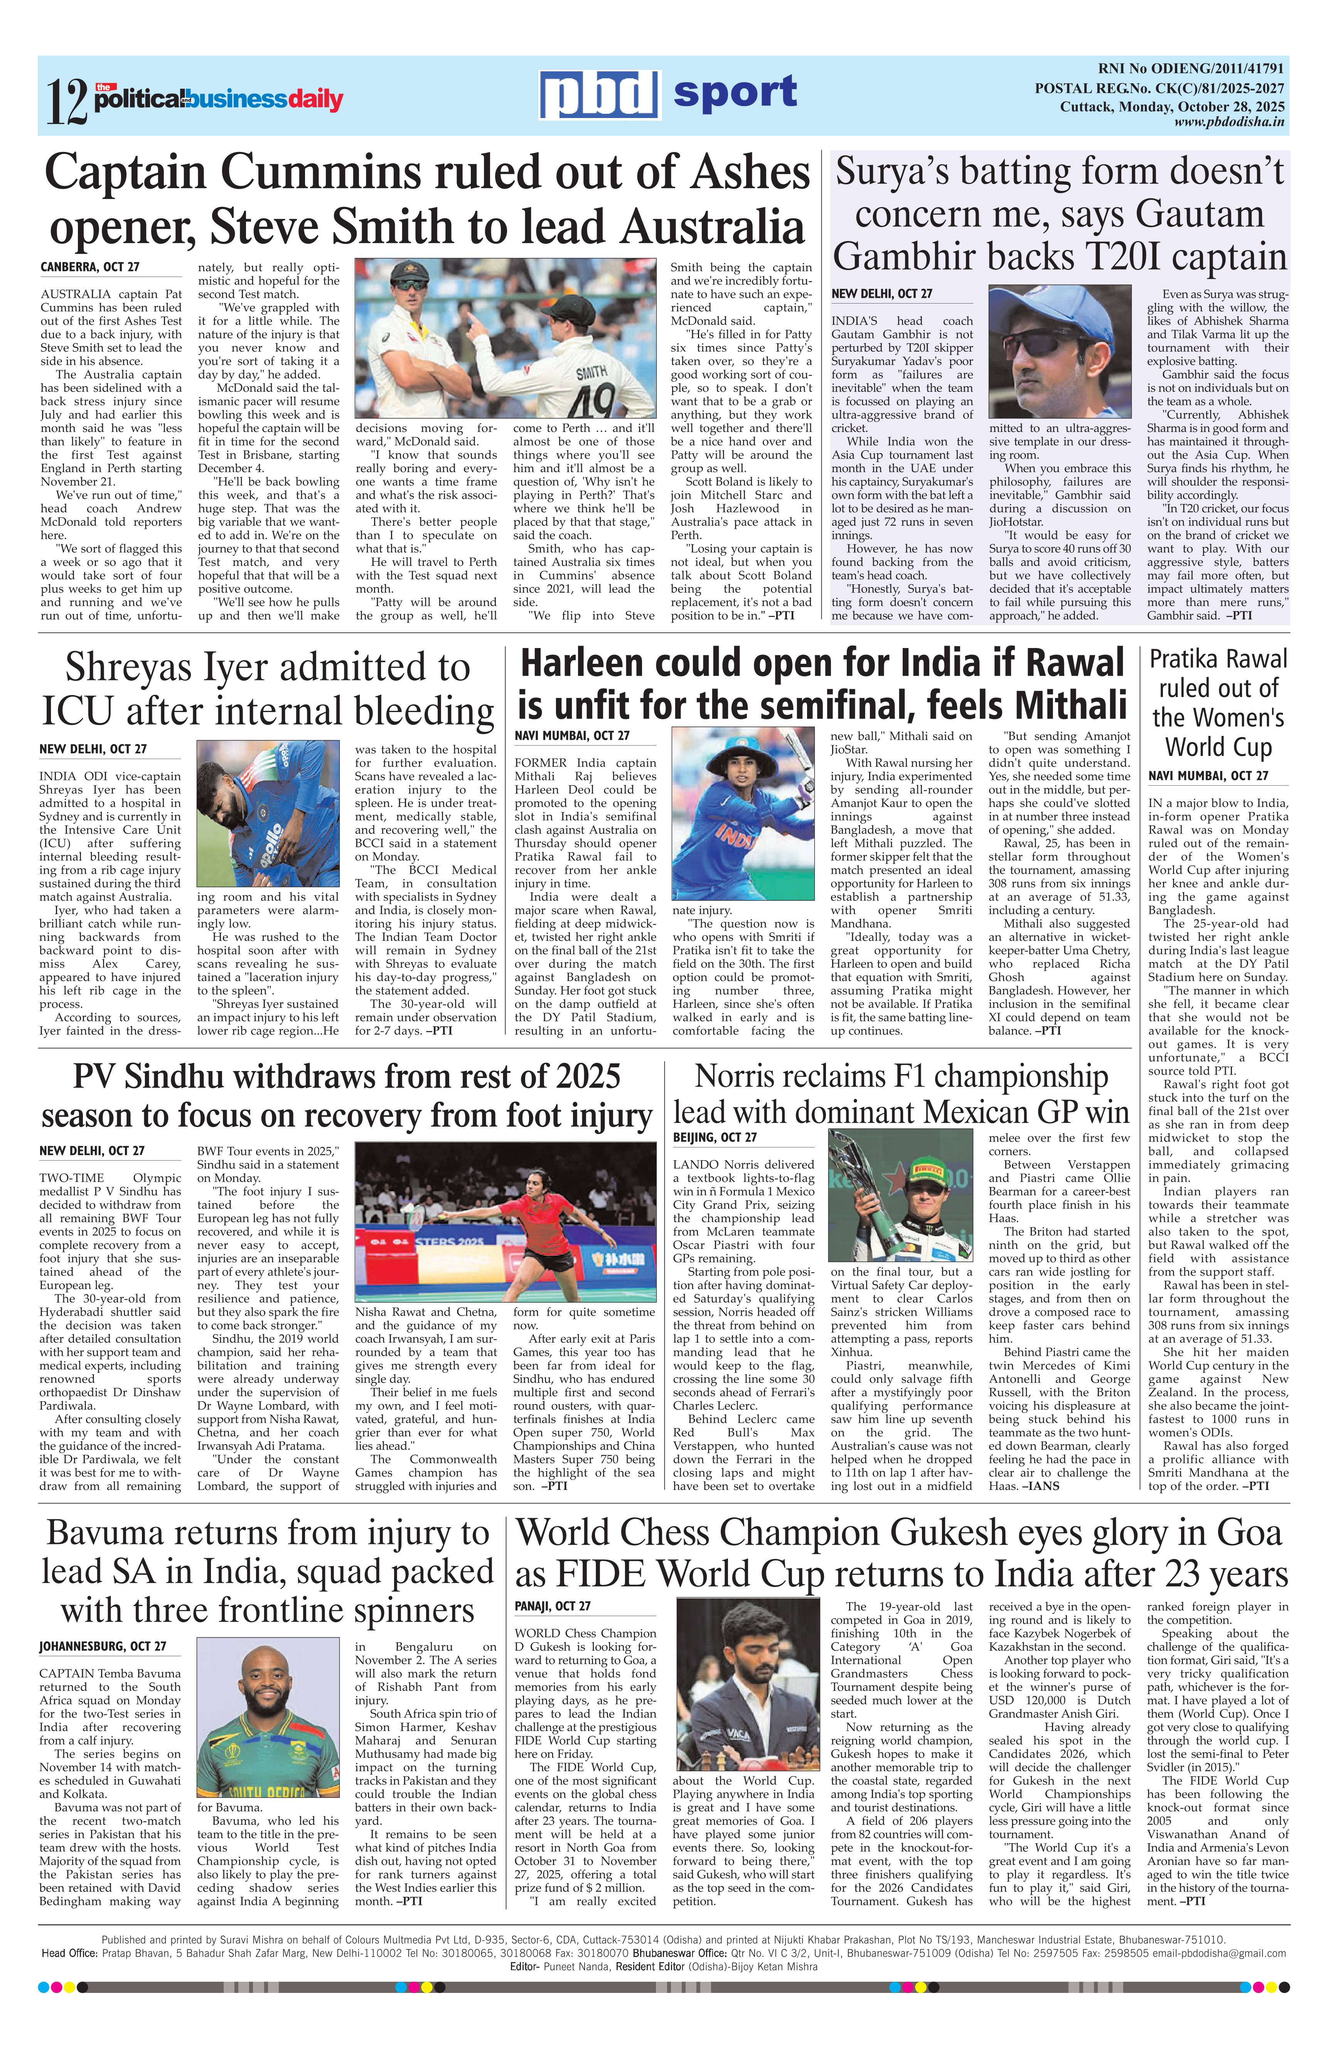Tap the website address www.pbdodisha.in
pyautogui.click(x=1229, y=122)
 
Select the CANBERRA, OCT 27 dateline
pyautogui.click(x=91, y=268)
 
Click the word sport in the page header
pyautogui.click(x=735, y=92)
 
